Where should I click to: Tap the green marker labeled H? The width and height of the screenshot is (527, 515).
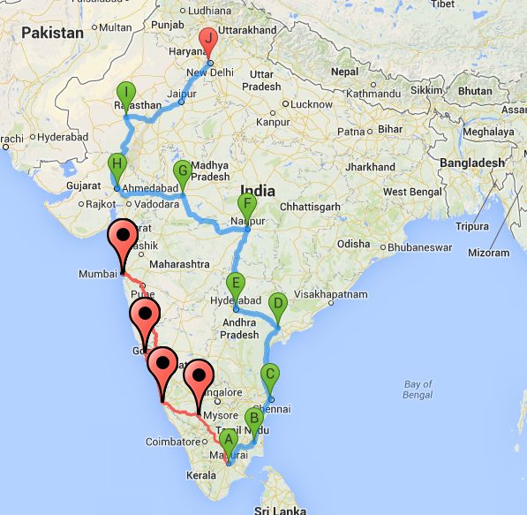click(x=117, y=165)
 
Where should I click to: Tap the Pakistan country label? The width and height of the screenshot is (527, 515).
click(x=52, y=33)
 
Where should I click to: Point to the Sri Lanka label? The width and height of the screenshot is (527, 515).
click(x=279, y=509)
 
